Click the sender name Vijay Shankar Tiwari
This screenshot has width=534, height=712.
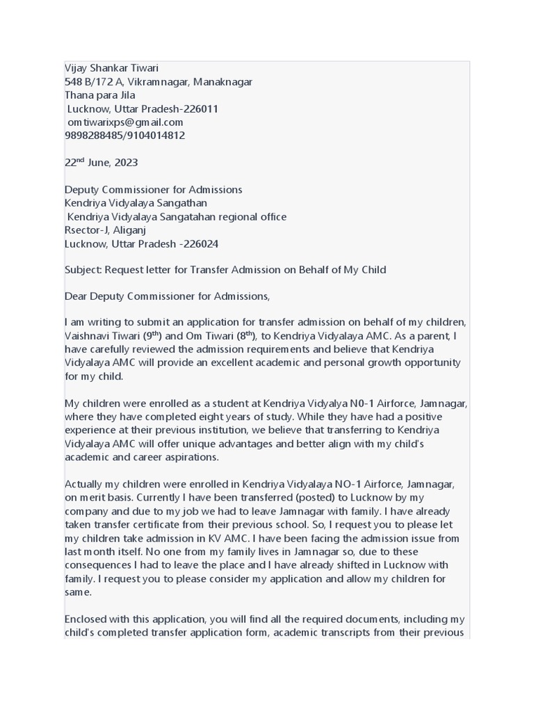[x=111, y=68]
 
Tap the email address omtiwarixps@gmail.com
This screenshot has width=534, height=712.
[x=125, y=122]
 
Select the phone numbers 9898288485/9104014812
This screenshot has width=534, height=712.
[x=125, y=136]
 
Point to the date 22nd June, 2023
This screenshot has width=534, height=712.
[x=102, y=163]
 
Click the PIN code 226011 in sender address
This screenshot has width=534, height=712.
[x=201, y=109]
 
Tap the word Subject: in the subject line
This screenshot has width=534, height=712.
[x=83, y=270]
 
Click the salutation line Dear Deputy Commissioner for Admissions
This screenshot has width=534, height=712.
[x=167, y=297]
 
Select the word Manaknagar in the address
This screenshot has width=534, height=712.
[x=222, y=82]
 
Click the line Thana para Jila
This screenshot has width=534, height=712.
[x=99, y=95]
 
